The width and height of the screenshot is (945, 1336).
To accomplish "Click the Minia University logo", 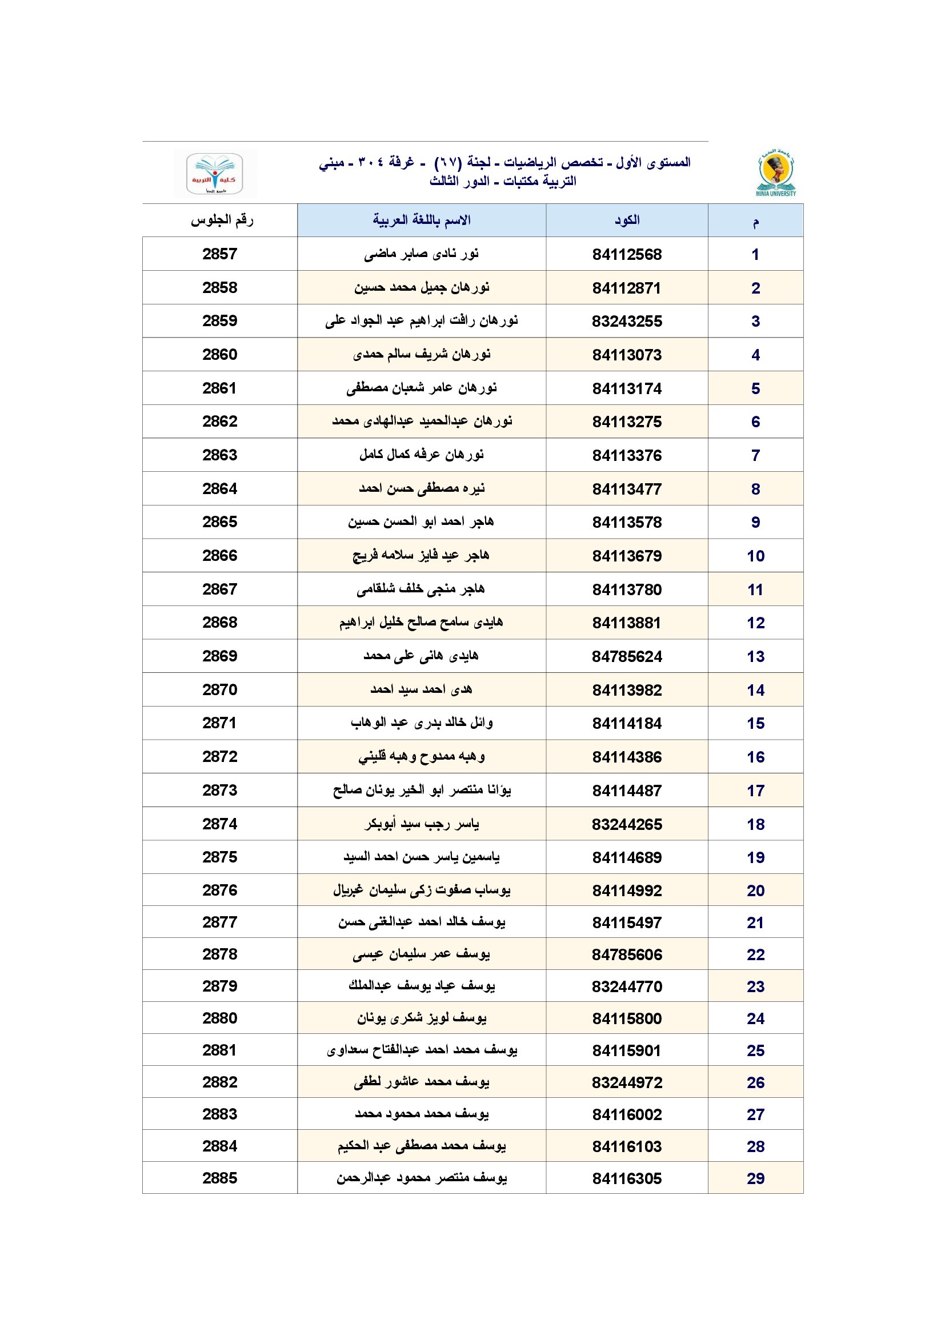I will point(776,174).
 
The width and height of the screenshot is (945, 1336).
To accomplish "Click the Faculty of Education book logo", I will point(214,174).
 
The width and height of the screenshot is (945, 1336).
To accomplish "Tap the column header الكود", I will point(627,220).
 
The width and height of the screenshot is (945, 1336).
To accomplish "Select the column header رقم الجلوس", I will point(222,220).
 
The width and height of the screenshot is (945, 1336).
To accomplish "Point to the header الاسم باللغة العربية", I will point(421,220).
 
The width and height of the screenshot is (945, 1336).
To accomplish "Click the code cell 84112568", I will point(627,254).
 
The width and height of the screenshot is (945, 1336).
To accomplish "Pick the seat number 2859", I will point(220,320).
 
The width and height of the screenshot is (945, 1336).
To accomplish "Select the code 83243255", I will point(627,321).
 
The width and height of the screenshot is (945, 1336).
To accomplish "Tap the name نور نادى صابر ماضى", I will point(421,254).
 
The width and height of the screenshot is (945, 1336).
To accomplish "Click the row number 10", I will point(755,556).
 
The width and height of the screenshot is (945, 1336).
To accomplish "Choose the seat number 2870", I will point(220,689).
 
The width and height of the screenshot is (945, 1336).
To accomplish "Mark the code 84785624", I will point(627,656).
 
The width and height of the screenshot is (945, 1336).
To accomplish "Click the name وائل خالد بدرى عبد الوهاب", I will point(421,723).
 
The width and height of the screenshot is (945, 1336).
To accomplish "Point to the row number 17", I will point(755,790).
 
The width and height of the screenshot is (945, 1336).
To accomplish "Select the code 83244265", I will point(627,824).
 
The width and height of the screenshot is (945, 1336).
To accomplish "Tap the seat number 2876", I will point(220,890).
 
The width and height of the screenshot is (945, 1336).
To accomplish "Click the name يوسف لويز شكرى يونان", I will point(421,1018).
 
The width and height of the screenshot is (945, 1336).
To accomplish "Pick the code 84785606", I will point(627,954).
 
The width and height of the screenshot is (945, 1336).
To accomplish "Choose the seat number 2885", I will point(220,1178).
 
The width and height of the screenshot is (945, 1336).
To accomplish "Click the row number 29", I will point(755,1178).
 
